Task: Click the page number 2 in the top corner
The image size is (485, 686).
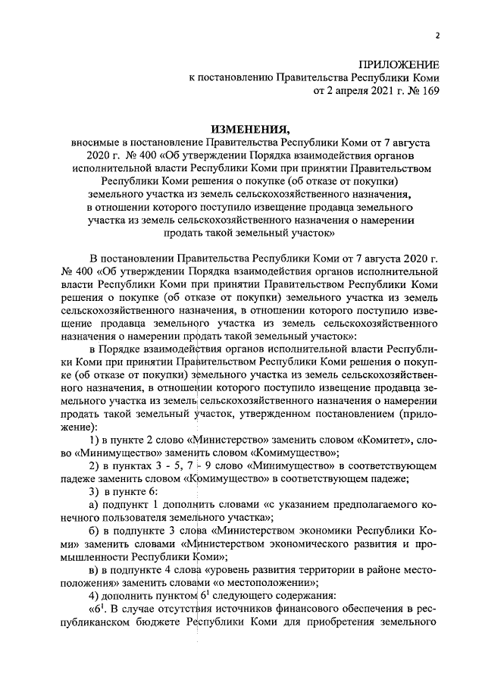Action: click(437, 34)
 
